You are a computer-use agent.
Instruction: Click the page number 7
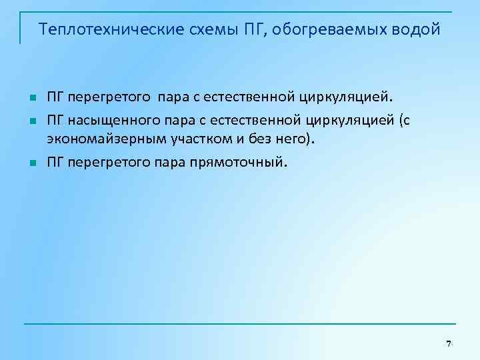(449, 343)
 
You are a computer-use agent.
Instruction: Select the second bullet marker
(31, 122)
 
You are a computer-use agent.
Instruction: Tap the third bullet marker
(31, 161)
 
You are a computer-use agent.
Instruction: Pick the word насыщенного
(109, 121)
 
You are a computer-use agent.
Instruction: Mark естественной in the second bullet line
(253, 121)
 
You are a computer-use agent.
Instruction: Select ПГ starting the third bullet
(55, 161)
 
